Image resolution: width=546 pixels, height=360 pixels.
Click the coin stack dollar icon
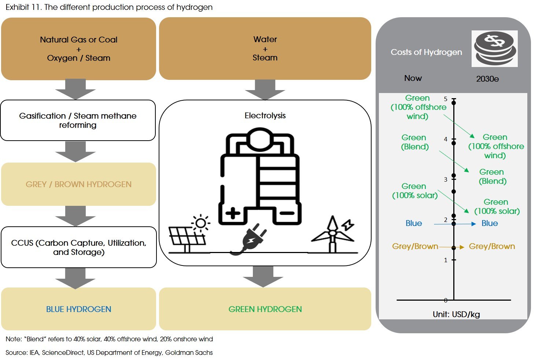coord(494,49)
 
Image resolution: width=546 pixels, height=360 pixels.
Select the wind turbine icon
coord(333,234)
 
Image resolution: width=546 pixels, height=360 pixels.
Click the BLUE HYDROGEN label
coord(78,309)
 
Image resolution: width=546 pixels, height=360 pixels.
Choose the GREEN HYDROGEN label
coord(265,309)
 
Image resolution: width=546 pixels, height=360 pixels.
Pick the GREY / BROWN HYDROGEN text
coord(78,184)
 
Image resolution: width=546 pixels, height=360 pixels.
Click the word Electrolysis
coord(265,116)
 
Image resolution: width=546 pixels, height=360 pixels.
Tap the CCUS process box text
coord(78,248)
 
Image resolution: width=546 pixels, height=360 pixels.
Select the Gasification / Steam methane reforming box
coord(78,120)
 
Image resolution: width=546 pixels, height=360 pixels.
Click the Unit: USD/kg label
coord(456,314)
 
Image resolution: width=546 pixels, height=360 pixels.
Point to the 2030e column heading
coord(487,79)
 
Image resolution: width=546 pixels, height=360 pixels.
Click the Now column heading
coord(413,78)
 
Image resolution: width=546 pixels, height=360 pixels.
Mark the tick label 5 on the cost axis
coord(446,99)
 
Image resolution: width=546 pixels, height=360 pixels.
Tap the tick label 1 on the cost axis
coord(446,260)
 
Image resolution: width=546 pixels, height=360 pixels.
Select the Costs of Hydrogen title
coord(426,52)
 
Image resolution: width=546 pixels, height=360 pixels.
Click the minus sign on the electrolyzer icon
coord(287,213)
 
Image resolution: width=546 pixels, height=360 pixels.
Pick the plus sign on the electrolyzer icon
coord(233,213)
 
